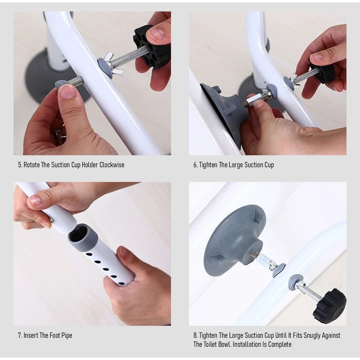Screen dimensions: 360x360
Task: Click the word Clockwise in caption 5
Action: (112, 165)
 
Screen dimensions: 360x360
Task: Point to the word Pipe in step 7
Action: (67, 336)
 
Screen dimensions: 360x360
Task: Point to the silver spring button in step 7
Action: (52, 221)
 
